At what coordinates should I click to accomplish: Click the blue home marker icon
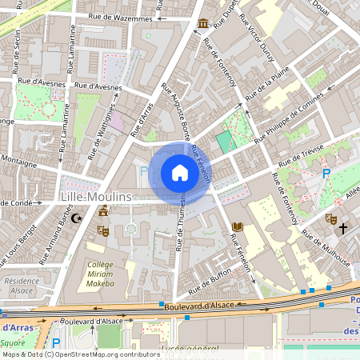point(180,173)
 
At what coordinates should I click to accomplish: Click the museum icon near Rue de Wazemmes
point(203,22)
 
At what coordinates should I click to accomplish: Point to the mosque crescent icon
point(77,218)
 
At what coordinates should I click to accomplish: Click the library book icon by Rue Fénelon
point(236,228)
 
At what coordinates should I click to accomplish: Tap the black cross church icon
point(343,229)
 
